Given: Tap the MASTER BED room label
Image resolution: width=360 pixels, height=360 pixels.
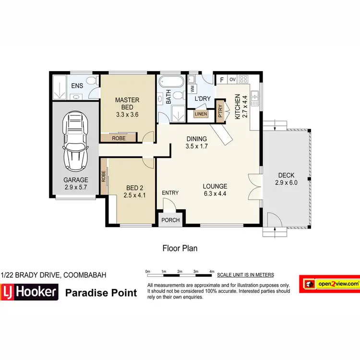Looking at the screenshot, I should pyautogui.click(x=127, y=100).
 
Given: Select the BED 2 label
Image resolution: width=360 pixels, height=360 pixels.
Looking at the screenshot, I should pyautogui.click(x=134, y=188).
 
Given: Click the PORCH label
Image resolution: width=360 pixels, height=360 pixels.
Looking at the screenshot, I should pyautogui.click(x=171, y=220).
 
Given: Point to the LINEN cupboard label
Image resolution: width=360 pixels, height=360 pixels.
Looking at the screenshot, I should pyautogui.click(x=201, y=114).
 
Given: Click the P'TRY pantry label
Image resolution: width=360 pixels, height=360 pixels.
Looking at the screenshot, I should pyautogui.click(x=220, y=111).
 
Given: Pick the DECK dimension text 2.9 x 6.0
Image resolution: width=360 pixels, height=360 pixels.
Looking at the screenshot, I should pyautogui.click(x=286, y=183).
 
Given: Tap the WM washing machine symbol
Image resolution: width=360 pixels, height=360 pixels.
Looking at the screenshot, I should pyautogui.click(x=192, y=88).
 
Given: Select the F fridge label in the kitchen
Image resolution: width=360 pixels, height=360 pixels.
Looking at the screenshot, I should pyautogui.click(x=221, y=80).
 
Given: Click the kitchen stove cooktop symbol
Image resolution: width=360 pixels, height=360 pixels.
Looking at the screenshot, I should pyautogui.click(x=243, y=79).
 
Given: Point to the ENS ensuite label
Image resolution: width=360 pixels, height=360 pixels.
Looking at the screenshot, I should pyautogui.click(x=77, y=86).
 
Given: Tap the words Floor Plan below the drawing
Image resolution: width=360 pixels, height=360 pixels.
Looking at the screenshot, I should pyautogui.click(x=180, y=249).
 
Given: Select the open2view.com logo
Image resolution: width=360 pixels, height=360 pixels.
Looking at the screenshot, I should pyautogui.click(x=329, y=284).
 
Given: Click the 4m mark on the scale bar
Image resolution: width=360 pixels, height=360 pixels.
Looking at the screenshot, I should pyautogui.click(x=212, y=272).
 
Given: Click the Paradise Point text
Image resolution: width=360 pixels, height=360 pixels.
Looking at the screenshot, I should pyautogui.click(x=101, y=293).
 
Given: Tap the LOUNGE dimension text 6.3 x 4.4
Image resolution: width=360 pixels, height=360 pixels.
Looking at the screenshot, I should pyautogui.click(x=215, y=194).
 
